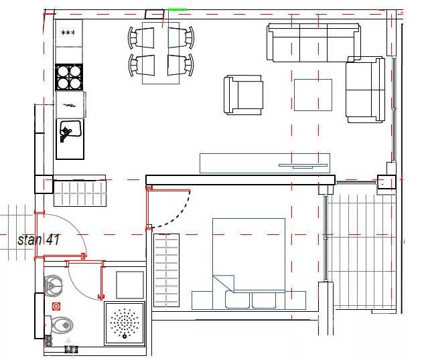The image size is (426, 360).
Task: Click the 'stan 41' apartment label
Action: [x=38, y=240]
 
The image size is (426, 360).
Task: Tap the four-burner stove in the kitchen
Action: [x=69, y=78]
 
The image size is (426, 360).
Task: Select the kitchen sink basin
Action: [x=70, y=128]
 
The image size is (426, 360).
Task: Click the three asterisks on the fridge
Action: [x=68, y=33]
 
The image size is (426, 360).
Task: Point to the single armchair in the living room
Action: [x=243, y=95]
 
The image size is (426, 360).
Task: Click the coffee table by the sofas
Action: [x=313, y=95]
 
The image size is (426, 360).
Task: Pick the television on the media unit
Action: [x=303, y=166]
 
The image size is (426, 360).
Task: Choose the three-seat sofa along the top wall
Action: [x=313, y=43]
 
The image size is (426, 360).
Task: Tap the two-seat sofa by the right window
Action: [x=366, y=90]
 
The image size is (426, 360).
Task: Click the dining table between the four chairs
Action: [x=161, y=53]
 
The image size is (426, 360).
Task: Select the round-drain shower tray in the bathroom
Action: [x=125, y=323]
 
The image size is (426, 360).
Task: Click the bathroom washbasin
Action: [x=54, y=286]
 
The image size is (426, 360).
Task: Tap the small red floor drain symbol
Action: [x=56, y=306]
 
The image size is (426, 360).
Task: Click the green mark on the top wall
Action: [x=177, y=9]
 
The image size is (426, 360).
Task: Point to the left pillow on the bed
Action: [x=237, y=300]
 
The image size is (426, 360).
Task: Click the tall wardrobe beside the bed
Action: [x=166, y=270]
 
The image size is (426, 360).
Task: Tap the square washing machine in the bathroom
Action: [x=130, y=285]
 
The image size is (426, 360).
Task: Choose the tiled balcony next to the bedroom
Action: [x=361, y=251]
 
